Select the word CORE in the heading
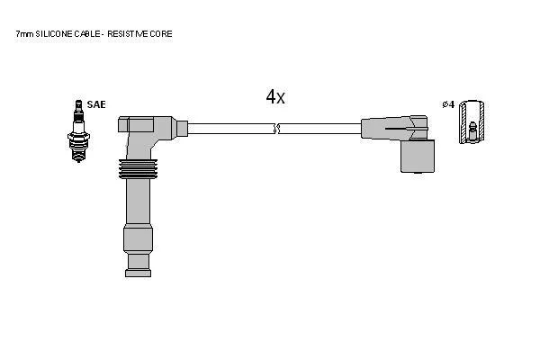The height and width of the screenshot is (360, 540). coord(161,34)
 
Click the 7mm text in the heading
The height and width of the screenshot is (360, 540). coord(25,34)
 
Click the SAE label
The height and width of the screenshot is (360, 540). coord(96,104)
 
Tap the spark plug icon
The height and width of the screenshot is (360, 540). coord(78,130)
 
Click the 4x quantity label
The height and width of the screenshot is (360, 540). coord(275,96)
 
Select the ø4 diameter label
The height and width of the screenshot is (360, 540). coord(448,104)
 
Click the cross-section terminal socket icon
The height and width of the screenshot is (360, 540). coord(472,122)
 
